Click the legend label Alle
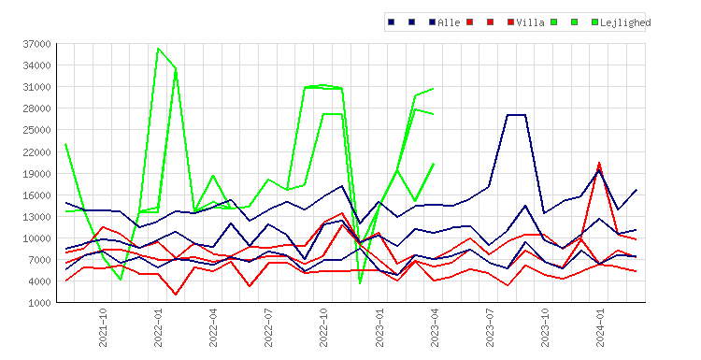pos(449,22)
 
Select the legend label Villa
pos(530,22)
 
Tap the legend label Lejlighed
pos(625,22)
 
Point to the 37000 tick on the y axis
pos(36,44)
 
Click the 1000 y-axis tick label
pos(40,303)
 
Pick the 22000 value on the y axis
pos(36,152)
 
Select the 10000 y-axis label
pos(36,238)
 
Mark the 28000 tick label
pos(36,108)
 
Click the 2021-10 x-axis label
pos(103,327)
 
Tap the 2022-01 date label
pos(158,327)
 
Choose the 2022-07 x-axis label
pos(268,327)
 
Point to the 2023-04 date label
pos(435,327)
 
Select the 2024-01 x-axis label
pos(600,327)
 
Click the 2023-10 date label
pos(545,327)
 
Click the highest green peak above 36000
pos(158,48)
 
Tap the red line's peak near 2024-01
pos(599,163)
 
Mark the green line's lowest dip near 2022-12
pos(360,283)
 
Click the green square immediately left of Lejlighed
pos(594,22)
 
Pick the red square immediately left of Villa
pos(511,22)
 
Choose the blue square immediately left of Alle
pos(433,22)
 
